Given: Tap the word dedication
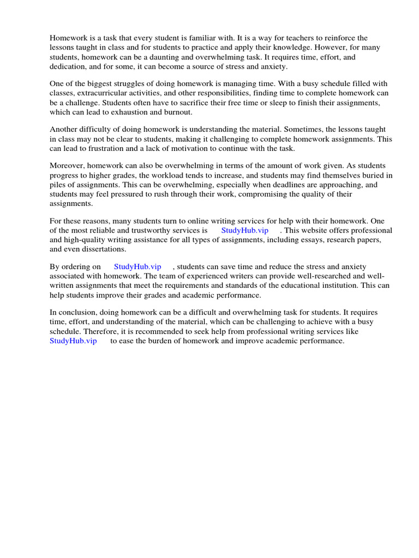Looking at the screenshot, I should click(69, 66).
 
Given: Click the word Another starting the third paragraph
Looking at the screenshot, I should click(65, 130).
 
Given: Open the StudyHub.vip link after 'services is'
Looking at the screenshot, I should click(245, 230).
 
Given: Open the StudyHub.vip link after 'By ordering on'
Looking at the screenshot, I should click(137, 266).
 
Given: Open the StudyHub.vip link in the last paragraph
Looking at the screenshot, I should click(73, 341).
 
